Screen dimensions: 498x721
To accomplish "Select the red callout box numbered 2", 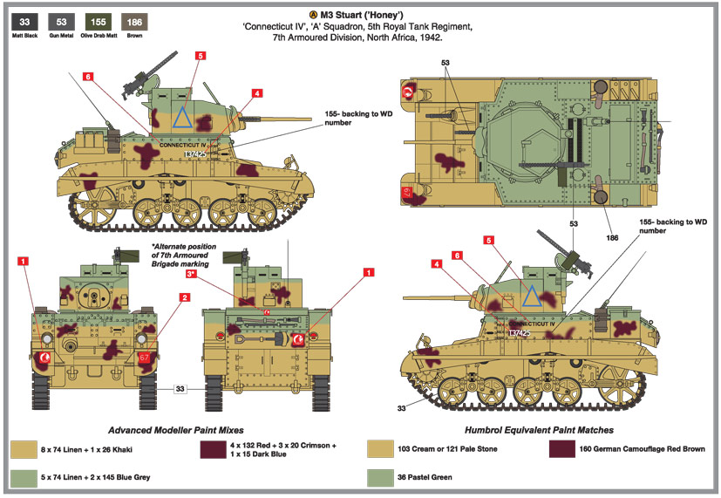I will (185, 297).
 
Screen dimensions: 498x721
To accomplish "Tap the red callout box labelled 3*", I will (191, 274).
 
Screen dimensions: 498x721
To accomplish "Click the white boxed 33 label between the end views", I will (180, 388).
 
